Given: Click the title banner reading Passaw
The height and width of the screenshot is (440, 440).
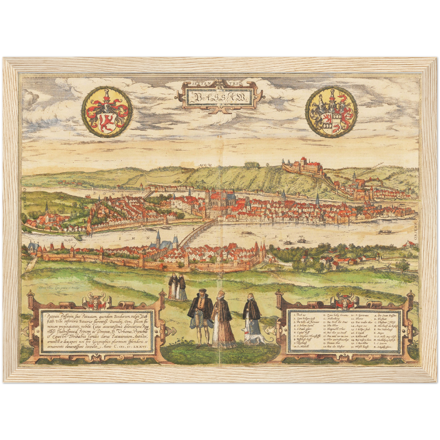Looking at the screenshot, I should [218, 97].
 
